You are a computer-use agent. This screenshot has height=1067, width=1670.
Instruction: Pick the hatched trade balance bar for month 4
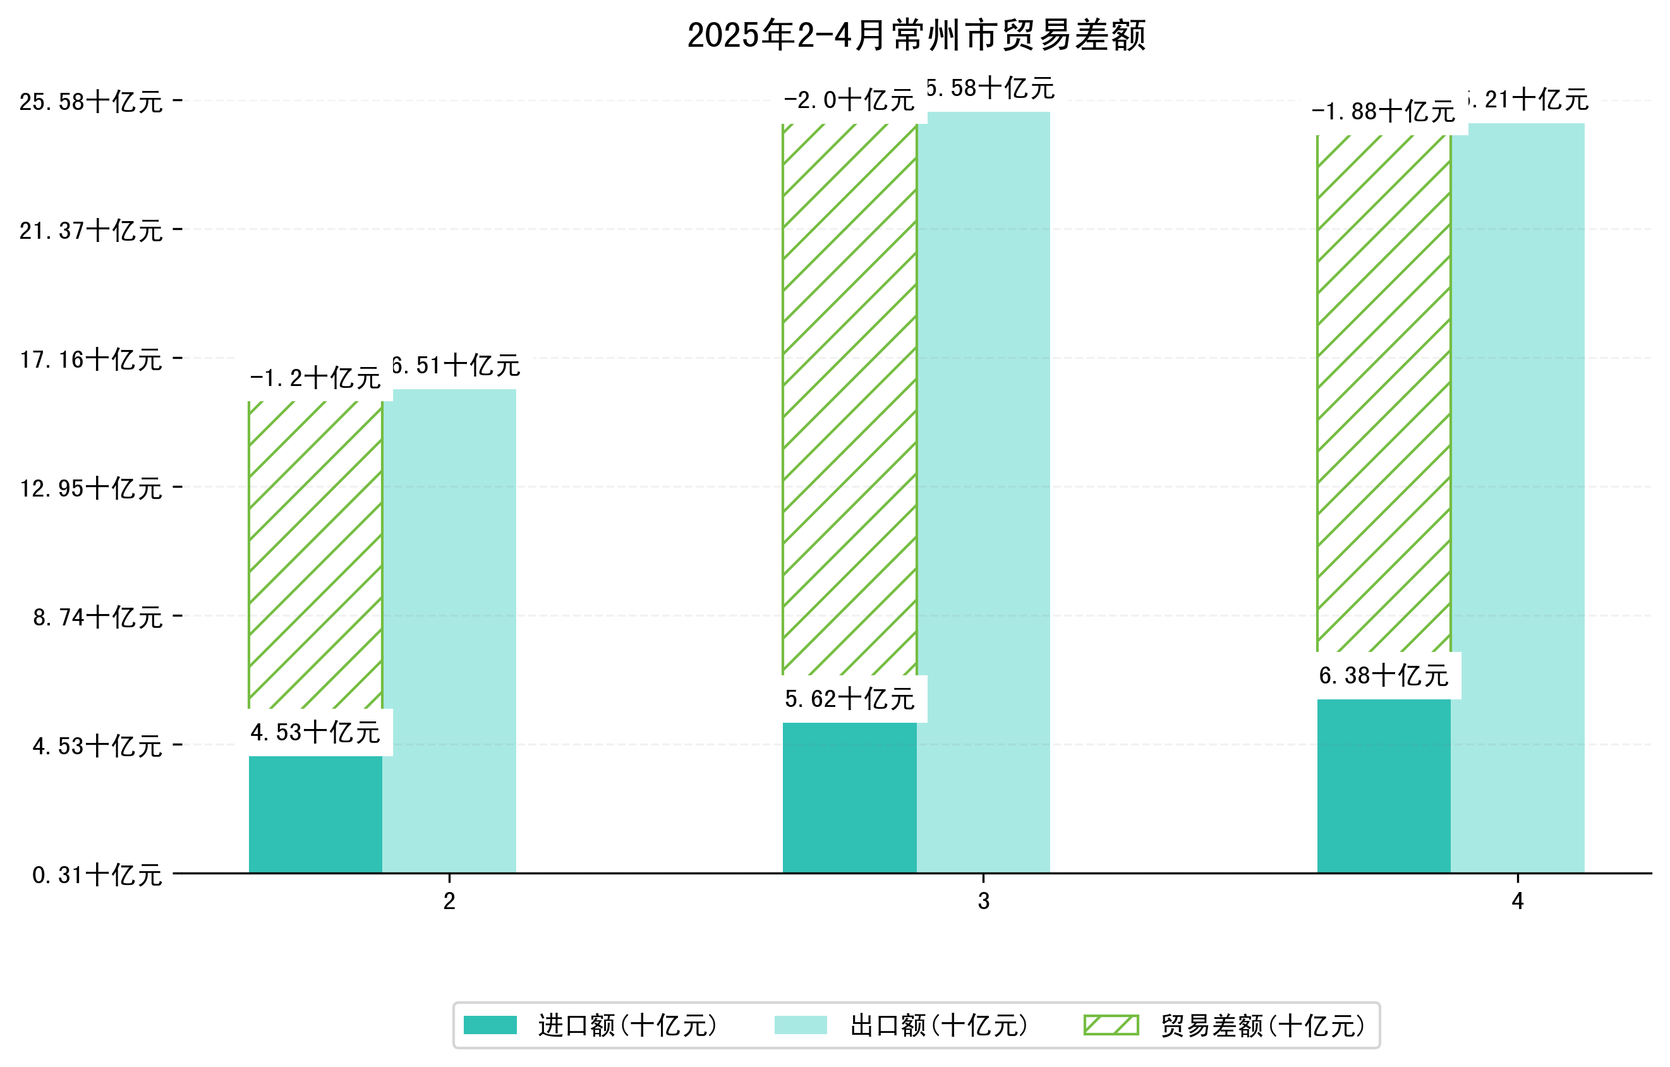point(1384,393)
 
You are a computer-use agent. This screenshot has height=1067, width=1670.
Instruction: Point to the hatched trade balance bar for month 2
point(315,555)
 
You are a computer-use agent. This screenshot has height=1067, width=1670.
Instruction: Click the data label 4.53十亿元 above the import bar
point(315,733)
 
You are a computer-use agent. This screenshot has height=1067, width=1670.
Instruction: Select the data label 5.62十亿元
point(850,699)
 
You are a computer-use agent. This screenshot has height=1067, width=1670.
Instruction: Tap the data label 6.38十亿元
point(1384,675)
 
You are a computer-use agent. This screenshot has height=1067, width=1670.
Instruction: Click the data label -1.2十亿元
point(315,378)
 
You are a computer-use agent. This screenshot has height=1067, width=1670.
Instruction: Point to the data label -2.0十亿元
point(850,101)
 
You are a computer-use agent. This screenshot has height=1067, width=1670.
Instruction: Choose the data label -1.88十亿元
point(1384,112)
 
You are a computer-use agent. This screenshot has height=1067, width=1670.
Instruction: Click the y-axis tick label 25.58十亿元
point(91,102)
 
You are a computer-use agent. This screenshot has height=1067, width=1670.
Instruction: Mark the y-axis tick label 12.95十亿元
point(91,489)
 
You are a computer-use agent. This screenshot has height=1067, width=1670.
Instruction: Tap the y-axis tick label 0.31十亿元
point(97,875)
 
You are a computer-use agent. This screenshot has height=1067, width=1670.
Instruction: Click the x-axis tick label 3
point(983,901)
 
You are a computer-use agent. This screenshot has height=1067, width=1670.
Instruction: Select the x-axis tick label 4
point(1518,901)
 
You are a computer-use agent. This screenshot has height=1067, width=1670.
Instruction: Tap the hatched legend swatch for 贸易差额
point(1111,1025)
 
